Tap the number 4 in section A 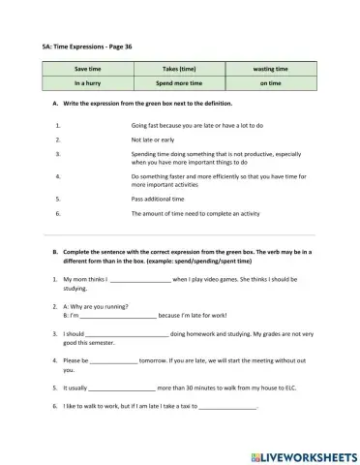pyautogui.click(x=59, y=175)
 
